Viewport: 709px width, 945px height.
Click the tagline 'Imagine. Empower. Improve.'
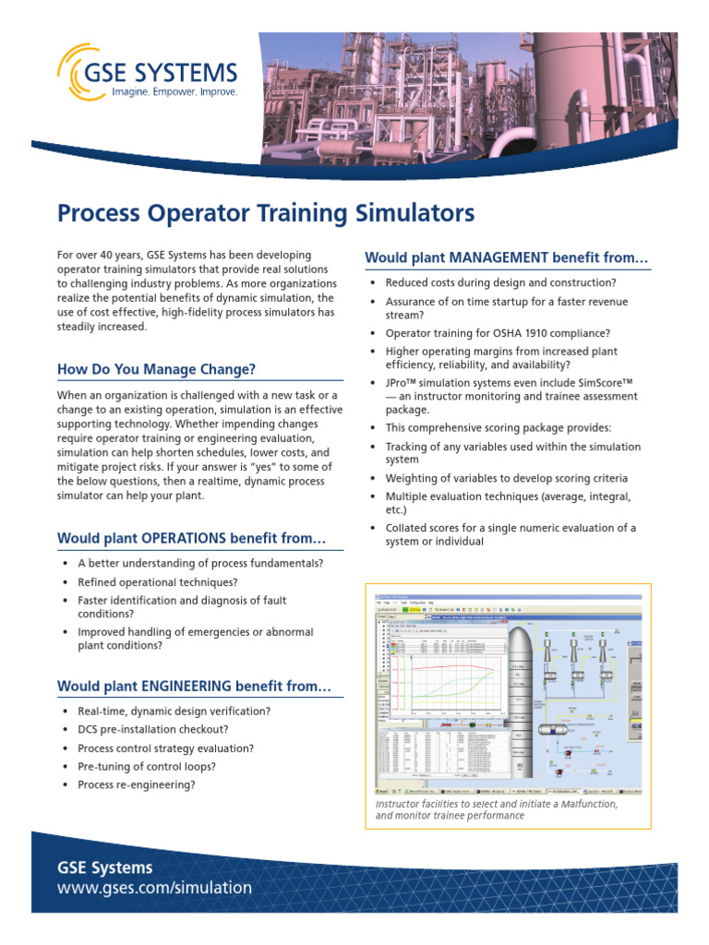coord(174,92)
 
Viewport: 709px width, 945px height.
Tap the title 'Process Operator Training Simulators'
coord(266,214)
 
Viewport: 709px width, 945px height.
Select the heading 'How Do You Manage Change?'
coord(156,370)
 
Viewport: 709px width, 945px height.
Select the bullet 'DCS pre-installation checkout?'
coord(152,729)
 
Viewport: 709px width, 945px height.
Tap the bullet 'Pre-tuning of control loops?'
coord(147,766)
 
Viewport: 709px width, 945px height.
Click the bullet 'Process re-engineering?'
coord(136,784)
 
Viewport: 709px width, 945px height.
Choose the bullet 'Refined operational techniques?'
coord(157,581)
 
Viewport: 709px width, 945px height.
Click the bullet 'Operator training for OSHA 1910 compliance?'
coord(498,333)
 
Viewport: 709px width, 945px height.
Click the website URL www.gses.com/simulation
coord(154,888)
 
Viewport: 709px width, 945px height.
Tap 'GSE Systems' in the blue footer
coord(104,867)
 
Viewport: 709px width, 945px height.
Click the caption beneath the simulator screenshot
coord(497,809)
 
